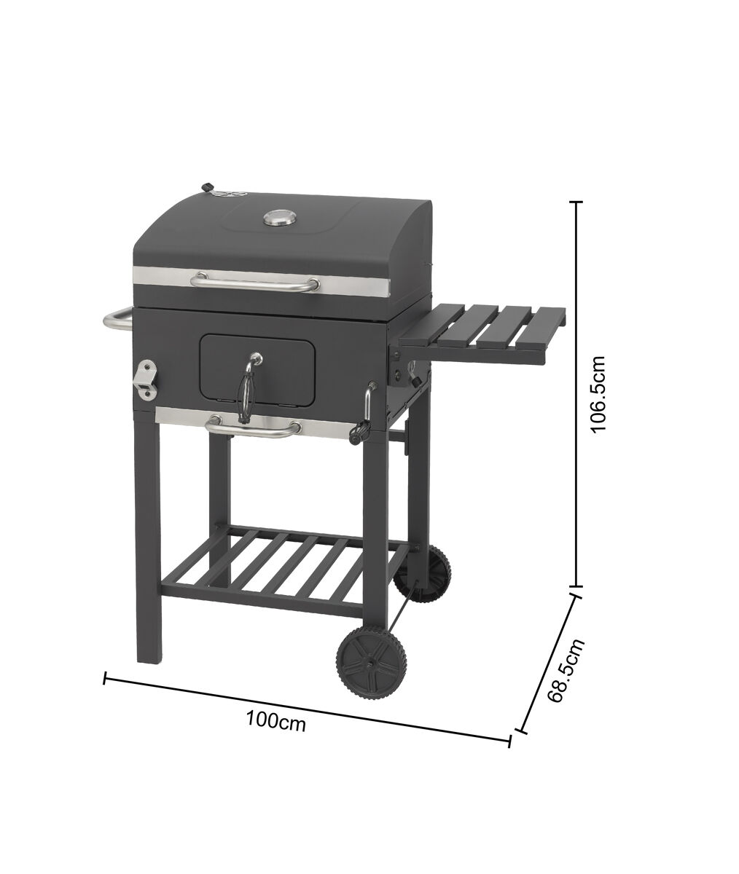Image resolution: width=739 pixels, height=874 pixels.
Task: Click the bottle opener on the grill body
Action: [146, 380]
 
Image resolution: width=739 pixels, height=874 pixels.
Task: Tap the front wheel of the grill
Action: [371, 662]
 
